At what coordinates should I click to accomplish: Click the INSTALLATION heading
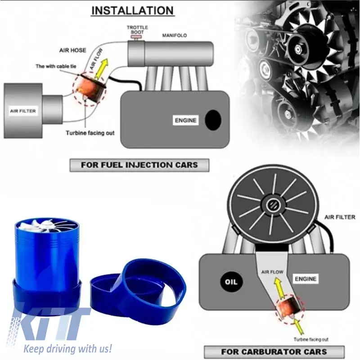point(132,10)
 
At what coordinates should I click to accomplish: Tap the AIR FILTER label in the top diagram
point(23,111)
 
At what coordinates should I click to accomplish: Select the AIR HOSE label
point(72,50)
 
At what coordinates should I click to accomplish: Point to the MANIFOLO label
point(175,36)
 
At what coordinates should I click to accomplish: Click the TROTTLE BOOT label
point(137,30)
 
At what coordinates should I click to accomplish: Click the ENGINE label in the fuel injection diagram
point(185,120)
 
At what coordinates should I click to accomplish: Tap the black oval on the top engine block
point(213,120)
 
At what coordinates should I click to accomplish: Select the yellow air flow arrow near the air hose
point(101,69)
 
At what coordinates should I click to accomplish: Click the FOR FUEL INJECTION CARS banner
point(139,165)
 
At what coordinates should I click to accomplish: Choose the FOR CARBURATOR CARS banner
point(274,352)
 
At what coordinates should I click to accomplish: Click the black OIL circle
point(231,282)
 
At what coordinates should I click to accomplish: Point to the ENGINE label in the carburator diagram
point(306,279)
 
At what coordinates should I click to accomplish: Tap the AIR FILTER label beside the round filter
point(340,217)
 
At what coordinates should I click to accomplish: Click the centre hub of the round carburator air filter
point(274,204)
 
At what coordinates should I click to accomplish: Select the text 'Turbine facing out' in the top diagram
point(90,133)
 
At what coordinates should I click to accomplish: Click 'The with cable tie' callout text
point(56,66)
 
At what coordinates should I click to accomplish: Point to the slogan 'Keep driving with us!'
point(68,348)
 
